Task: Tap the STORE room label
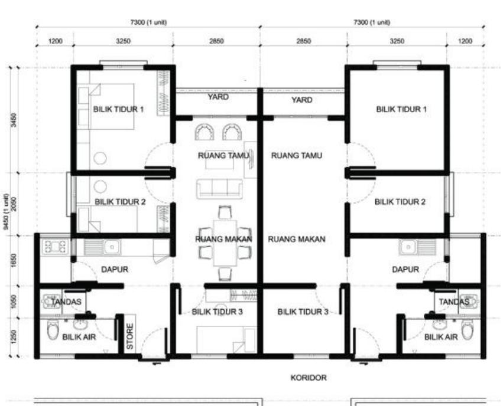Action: [x=131, y=336]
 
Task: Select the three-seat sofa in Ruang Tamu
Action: [x=219, y=188]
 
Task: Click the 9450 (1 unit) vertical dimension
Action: [x=5, y=211]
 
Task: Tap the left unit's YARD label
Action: [x=218, y=97]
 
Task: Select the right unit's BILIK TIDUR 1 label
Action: [x=400, y=109]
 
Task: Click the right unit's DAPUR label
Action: [x=405, y=269]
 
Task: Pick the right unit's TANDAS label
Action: [x=453, y=302]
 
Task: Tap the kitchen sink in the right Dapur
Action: [x=408, y=246]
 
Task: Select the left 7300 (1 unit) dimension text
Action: [x=149, y=22]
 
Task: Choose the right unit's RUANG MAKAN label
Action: [x=297, y=239]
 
